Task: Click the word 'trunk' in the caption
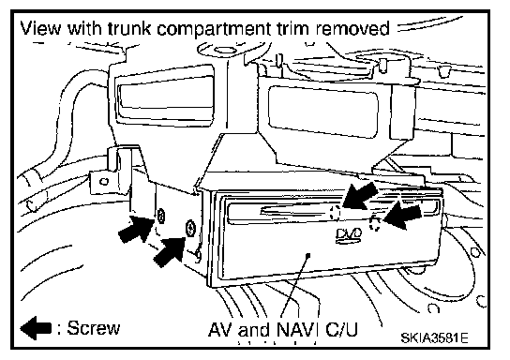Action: pyautogui.click(x=128, y=28)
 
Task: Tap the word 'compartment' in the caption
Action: pyautogui.click(x=214, y=29)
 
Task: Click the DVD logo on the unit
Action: pyautogui.click(x=349, y=235)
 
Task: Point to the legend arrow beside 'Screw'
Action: pyautogui.click(x=36, y=328)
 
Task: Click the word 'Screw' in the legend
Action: pyautogui.click(x=94, y=328)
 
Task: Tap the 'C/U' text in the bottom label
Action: pyautogui.click(x=341, y=329)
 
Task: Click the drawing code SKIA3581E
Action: pyautogui.click(x=434, y=337)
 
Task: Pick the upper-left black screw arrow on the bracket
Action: pyautogui.click(x=136, y=229)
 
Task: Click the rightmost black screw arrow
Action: pyautogui.click(x=403, y=217)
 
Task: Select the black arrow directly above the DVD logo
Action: pyautogui.click(x=360, y=196)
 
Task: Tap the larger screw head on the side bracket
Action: pyautogui.click(x=190, y=229)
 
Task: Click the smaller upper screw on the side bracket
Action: pyautogui.click(x=160, y=216)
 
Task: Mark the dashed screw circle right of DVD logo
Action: pyautogui.click(x=375, y=223)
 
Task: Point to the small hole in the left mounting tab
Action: pyautogui.click(x=104, y=181)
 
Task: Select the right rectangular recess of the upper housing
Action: pyautogui.click(x=323, y=111)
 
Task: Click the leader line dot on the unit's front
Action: pyautogui.click(x=308, y=255)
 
